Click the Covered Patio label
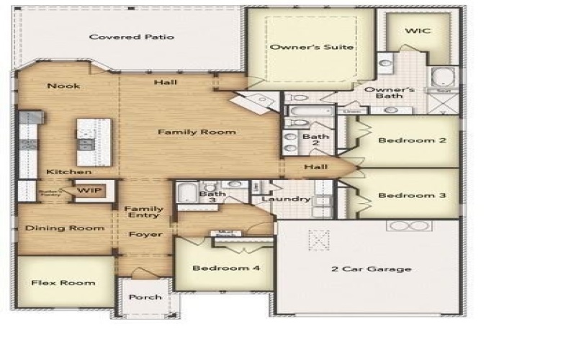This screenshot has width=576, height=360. [131, 37]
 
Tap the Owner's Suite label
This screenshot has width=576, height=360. [312, 47]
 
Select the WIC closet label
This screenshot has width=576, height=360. [413, 32]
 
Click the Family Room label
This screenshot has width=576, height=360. [197, 132]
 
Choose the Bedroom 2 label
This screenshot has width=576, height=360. [412, 140]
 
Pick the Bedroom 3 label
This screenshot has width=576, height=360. [412, 195]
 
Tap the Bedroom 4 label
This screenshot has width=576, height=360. [225, 269]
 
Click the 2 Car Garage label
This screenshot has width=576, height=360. [371, 269]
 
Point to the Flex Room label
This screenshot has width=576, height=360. [63, 283]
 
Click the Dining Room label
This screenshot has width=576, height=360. [65, 228]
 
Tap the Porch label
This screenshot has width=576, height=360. [144, 297]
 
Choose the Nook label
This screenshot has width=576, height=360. [63, 86]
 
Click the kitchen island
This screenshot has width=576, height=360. [94, 142]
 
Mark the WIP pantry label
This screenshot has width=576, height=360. [89, 191]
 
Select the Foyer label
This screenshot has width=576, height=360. [145, 235]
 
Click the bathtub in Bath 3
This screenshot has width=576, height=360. [186, 193]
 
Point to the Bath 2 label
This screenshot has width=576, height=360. [315, 140]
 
